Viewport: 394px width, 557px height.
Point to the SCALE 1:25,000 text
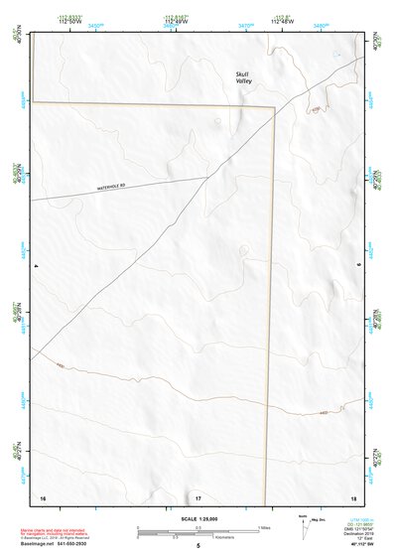197,517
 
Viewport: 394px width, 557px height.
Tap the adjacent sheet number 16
42,496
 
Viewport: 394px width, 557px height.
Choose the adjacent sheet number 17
197,496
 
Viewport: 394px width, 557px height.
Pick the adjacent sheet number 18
353,496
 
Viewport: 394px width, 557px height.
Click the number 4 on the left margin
36,266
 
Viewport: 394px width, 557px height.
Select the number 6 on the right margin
358,266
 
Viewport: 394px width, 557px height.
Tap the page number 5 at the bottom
197,545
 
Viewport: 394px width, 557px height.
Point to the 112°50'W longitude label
69,22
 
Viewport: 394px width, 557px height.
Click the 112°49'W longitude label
175,22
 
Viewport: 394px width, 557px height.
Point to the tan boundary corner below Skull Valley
273,106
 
